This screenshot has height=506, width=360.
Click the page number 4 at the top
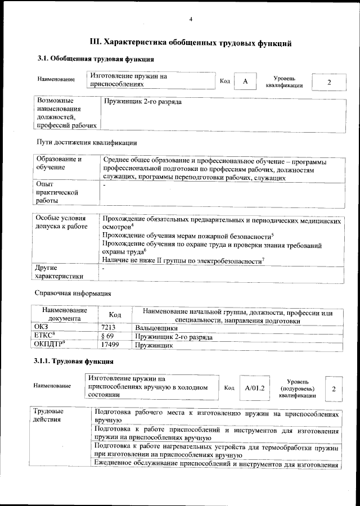point(191,20)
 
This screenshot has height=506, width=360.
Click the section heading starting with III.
point(191,43)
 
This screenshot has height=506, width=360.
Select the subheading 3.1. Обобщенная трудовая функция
point(96,59)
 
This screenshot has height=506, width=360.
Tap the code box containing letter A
point(245,82)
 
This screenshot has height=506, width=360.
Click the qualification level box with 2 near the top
point(329,82)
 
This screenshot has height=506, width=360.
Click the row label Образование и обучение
point(59,164)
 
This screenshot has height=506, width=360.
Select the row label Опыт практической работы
point(53,192)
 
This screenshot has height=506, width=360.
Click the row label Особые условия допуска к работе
point(61,222)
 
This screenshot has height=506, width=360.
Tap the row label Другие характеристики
point(59,272)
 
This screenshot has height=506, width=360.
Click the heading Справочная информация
point(73,293)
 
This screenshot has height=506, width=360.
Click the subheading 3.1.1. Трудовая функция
point(74,361)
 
